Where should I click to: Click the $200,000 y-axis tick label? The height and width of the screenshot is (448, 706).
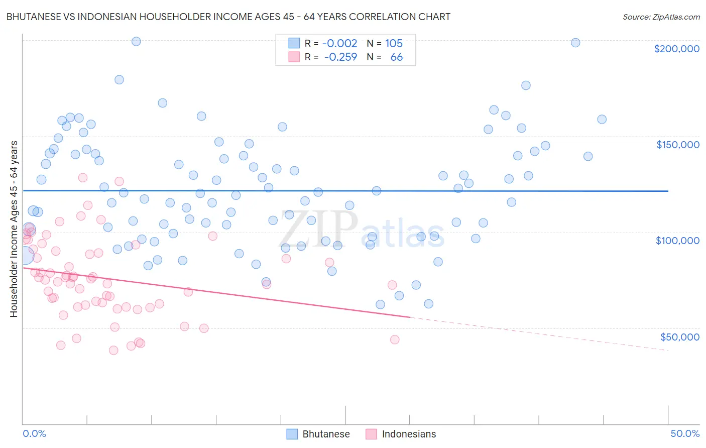click(x=676, y=49)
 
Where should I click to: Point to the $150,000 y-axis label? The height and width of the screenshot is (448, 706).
click(x=677, y=145)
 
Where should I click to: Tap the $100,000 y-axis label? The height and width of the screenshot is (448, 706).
click(x=677, y=241)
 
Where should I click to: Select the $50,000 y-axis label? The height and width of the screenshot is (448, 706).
click(x=679, y=337)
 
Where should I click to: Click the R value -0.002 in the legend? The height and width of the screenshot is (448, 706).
click(x=339, y=43)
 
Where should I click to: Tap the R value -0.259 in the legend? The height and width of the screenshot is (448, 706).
click(x=340, y=57)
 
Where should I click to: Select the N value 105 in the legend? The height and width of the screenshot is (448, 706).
click(x=394, y=43)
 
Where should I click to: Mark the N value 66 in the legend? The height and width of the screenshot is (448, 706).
click(x=396, y=57)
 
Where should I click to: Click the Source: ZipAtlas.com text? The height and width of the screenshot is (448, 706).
click(x=661, y=17)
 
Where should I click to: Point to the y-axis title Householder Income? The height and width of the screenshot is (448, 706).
click(x=14, y=229)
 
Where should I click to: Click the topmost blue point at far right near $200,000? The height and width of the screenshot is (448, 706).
click(x=575, y=43)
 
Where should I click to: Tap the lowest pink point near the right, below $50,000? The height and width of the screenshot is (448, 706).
click(x=395, y=340)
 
